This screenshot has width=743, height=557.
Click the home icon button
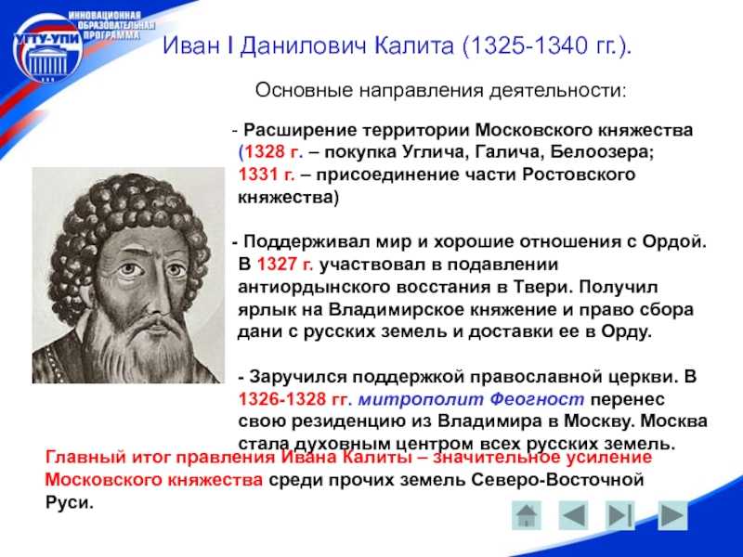[x=527, y=516]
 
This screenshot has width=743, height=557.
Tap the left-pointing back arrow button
[x=574, y=515]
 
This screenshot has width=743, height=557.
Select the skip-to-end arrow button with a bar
[x=620, y=515]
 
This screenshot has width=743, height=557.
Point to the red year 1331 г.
[x=267, y=175]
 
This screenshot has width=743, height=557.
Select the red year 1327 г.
[x=285, y=264]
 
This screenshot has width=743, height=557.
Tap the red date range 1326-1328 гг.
[x=294, y=399]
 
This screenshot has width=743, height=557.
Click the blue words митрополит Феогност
[x=471, y=399]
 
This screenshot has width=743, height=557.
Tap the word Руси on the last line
[x=69, y=502]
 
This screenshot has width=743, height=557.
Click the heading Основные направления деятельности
[x=440, y=90]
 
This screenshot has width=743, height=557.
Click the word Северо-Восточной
[x=557, y=480]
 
